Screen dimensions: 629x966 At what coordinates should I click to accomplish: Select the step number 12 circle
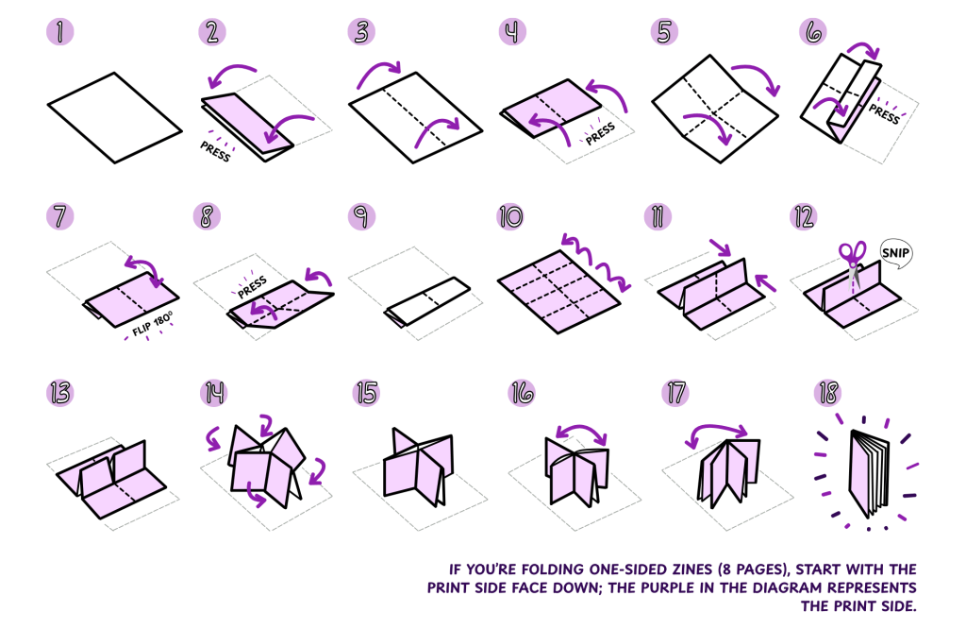tap(803, 216)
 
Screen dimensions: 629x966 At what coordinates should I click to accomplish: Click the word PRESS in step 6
tap(884, 113)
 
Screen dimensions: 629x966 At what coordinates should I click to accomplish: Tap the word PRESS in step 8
tap(251, 286)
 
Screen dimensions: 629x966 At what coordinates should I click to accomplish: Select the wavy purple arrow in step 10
tap(592, 258)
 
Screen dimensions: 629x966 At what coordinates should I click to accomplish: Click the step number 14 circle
tap(213, 393)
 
